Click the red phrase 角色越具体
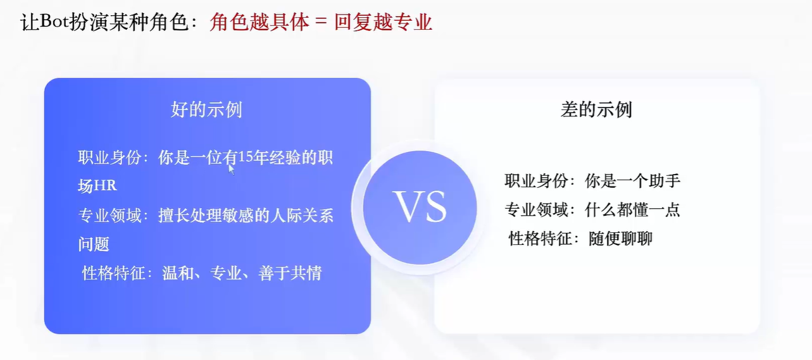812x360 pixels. click(259, 22)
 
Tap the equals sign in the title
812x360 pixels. click(321, 22)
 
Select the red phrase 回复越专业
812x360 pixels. click(383, 22)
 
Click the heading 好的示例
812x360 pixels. click(207, 109)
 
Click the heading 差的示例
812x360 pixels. click(596, 109)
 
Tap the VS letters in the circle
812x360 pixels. click(420, 206)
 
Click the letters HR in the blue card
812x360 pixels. click(106, 186)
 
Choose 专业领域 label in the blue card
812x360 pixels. click(110, 216)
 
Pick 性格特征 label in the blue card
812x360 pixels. click(114, 273)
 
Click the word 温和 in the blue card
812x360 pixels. click(178, 273)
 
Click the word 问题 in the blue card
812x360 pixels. click(94, 244)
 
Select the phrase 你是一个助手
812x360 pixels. click(633, 181)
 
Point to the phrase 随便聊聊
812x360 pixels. click(620, 239)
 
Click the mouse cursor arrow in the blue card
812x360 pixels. click(231, 169)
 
